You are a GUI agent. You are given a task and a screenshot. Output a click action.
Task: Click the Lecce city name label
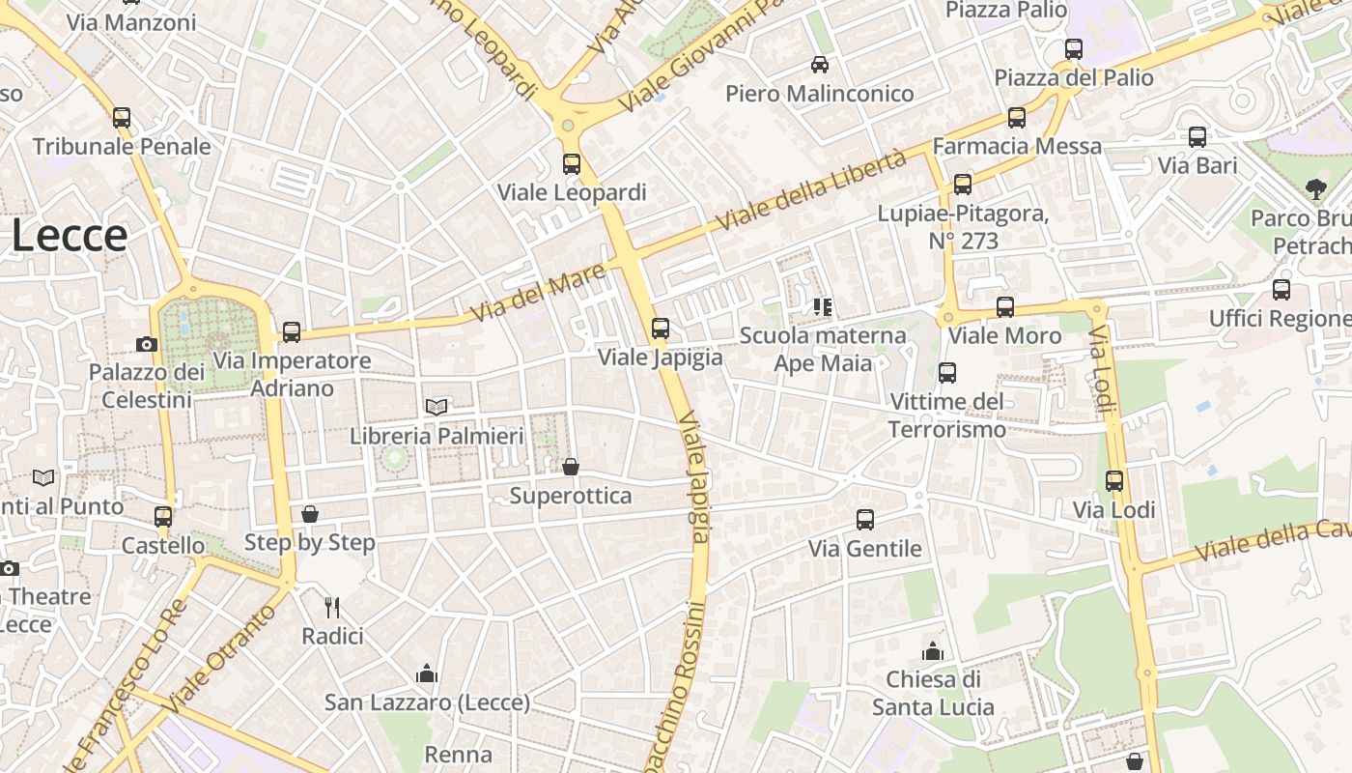(x=70, y=236)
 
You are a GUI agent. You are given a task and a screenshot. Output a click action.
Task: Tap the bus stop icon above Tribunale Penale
(x=122, y=118)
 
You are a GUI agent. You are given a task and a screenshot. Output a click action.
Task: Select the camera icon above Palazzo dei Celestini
(x=147, y=344)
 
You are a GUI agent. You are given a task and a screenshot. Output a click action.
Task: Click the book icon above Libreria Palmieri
(x=437, y=408)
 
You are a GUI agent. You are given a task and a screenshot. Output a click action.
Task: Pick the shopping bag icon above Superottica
(x=571, y=468)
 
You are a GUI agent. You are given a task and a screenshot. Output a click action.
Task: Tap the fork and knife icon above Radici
(x=332, y=607)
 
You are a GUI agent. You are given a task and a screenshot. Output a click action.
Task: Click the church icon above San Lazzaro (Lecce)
(x=427, y=673)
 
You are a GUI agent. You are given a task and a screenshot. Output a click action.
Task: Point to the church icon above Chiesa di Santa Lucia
(x=933, y=650)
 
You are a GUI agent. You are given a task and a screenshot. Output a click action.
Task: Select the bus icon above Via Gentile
(x=865, y=520)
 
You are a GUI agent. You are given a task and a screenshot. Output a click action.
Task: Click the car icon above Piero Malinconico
(x=820, y=65)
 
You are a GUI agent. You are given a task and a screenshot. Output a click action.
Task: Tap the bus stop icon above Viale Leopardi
(x=572, y=163)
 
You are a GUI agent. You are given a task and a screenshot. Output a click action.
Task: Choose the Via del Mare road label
(x=538, y=294)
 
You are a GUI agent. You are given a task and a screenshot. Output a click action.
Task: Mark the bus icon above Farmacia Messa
(x=1017, y=118)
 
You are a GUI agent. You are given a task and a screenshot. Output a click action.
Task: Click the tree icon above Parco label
(x=1315, y=188)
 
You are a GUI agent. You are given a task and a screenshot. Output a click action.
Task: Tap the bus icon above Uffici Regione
(x=1282, y=290)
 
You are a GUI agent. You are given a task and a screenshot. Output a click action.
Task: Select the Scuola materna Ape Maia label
(x=823, y=349)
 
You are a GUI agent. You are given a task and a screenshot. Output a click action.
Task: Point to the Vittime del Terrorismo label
(x=946, y=415)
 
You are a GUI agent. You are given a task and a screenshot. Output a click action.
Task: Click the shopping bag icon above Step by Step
(x=310, y=514)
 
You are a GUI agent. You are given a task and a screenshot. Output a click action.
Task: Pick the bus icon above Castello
(x=163, y=517)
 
